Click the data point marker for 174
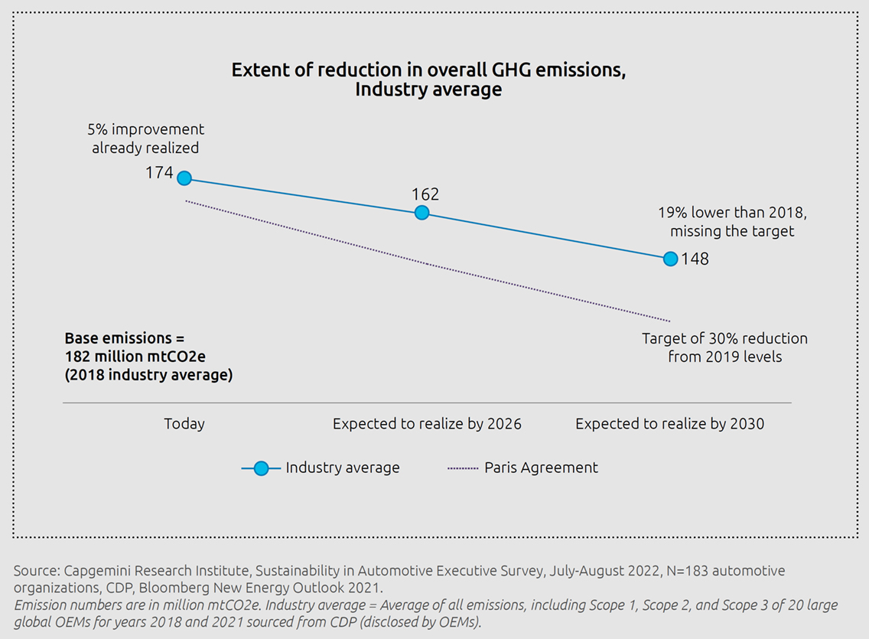pyautogui.click(x=184, y=178)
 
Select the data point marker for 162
pyautogui.click(x=421, y=213)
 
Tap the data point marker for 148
pyautogui.click(x=670, y=259)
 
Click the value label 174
pyautogui.click(x=159, y=173)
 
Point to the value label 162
pyautogui.click(x=425, y=194)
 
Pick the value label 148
pyautogui.click(x=695, y=259)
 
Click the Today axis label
pyautogui.click(x=184, y=424)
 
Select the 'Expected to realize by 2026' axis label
pyautogui.click(x=427, y=424)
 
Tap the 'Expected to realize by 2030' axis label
pyautogui.click(x=669, y=424)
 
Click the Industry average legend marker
pyautogui.click(x=261, y=468)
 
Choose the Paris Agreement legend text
pyautogui.click(x=541, y=468)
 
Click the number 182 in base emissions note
pyautogui.click(x=76, y=357)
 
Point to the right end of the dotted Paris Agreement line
pyautogui.click(x=669, y=321)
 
